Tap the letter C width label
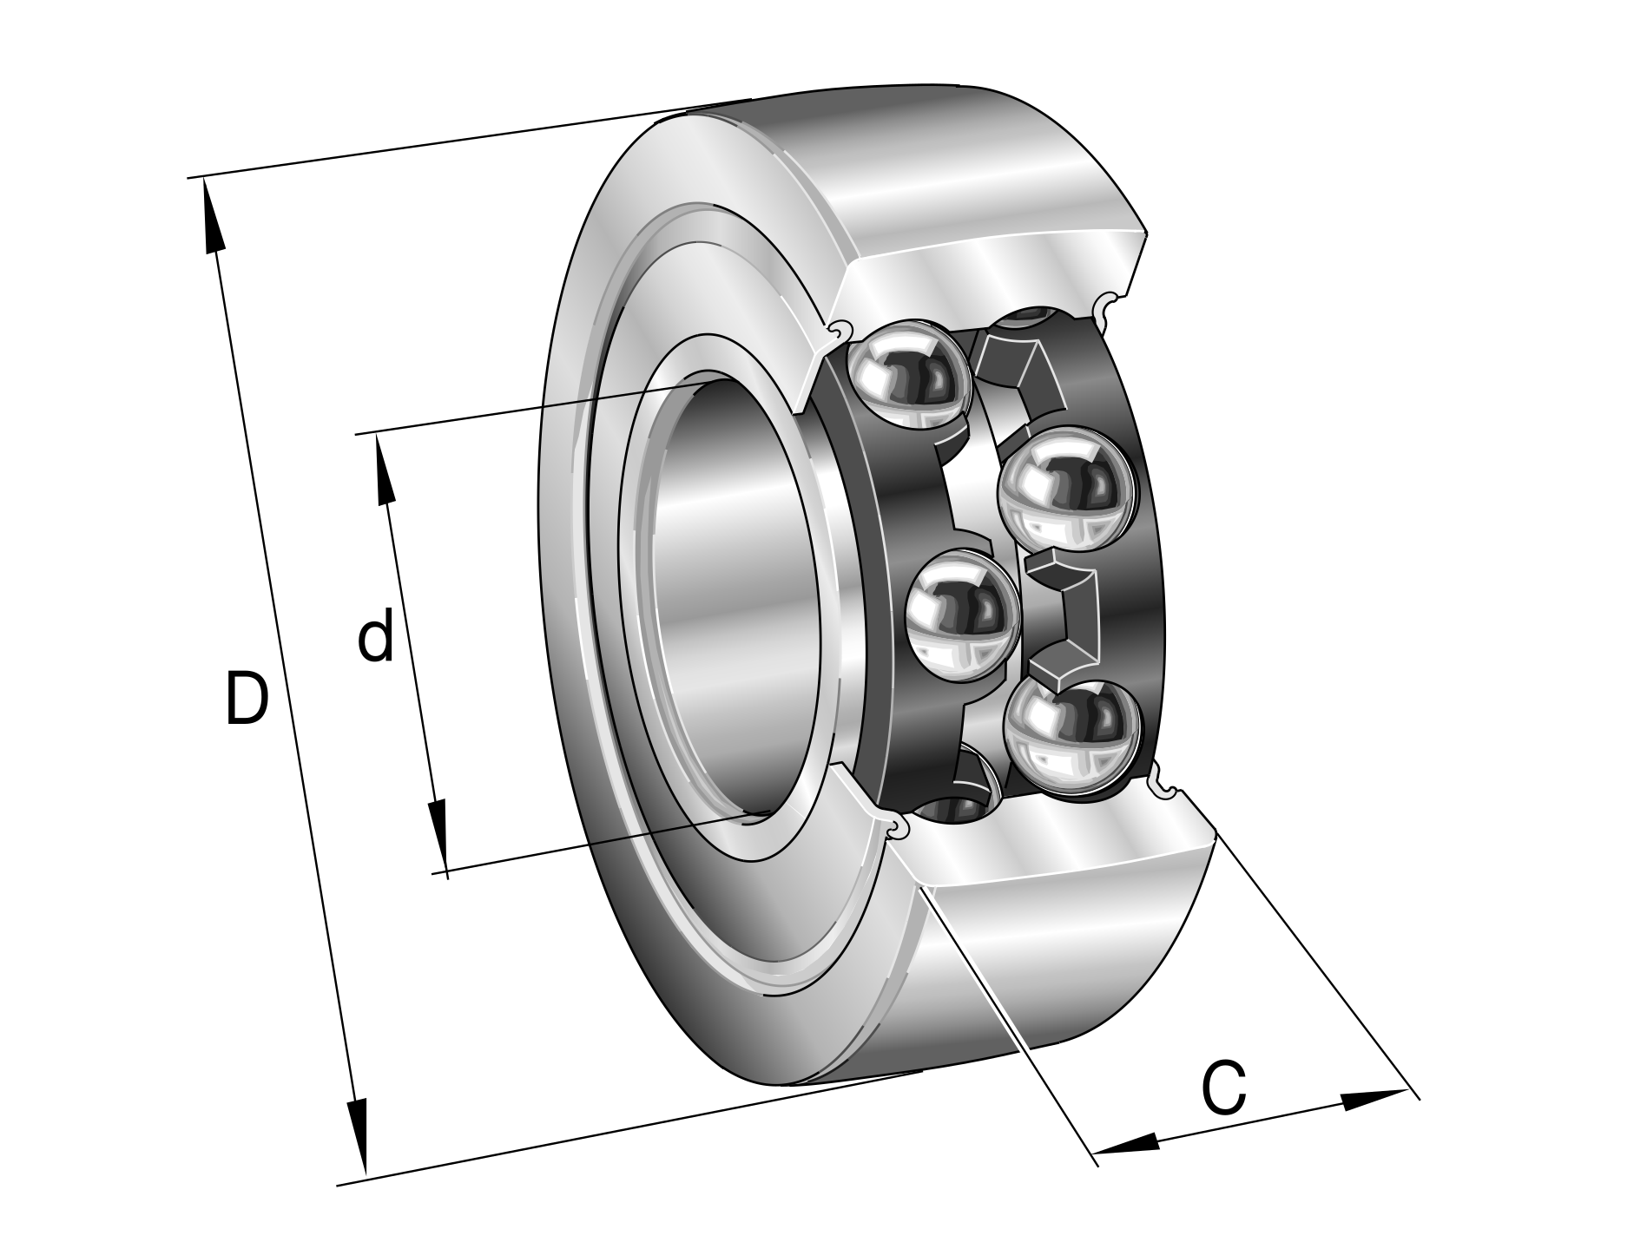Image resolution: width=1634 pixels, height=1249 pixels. tap(1224, 1088)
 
